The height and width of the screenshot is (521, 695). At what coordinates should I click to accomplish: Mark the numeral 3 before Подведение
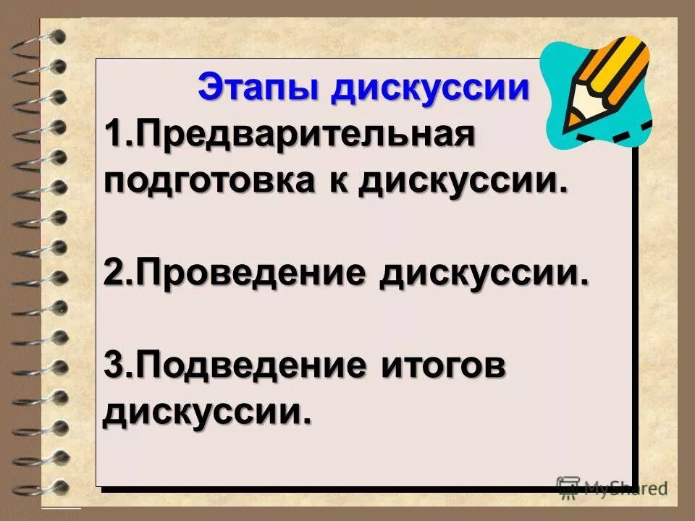tap(113, 366)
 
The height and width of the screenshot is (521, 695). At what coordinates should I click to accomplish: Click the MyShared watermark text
tap(624, 488)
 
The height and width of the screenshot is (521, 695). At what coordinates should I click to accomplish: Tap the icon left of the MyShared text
tap(568, 487)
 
